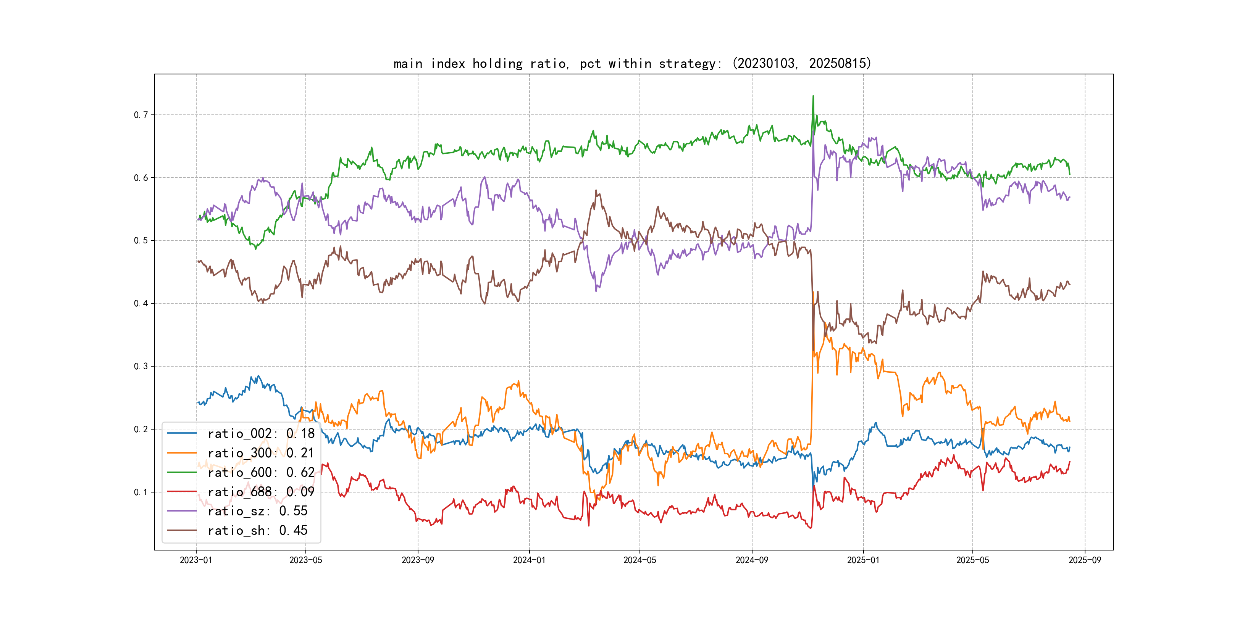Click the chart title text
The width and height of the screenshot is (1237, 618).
632,63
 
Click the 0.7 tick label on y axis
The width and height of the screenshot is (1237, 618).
141,115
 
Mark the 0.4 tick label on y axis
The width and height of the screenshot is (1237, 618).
141,303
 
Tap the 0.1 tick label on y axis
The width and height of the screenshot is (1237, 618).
141,492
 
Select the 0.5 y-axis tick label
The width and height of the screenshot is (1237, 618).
141,240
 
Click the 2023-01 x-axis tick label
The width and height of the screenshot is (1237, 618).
196,560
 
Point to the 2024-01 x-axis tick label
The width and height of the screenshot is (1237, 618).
529,560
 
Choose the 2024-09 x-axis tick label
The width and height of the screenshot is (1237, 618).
752,560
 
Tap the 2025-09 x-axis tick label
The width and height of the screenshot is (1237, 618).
1085,560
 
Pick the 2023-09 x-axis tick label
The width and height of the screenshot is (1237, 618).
418,560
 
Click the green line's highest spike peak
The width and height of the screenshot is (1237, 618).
813,96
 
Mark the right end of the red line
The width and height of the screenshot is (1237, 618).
1070,462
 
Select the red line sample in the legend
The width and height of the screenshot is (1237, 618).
182,492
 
